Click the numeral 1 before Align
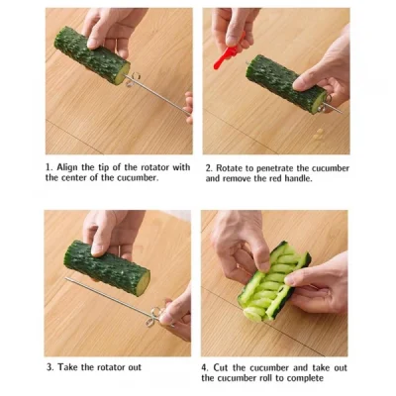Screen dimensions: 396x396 click(x=49, y=167)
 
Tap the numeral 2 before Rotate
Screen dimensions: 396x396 click(x=209, y=167)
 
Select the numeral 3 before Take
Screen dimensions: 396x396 click(x=49, y=366)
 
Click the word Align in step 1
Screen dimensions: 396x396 click(x=70, y=167)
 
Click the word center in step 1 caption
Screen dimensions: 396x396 click(x=82, y=179)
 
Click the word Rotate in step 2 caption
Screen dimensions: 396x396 click(x=234, y=167)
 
